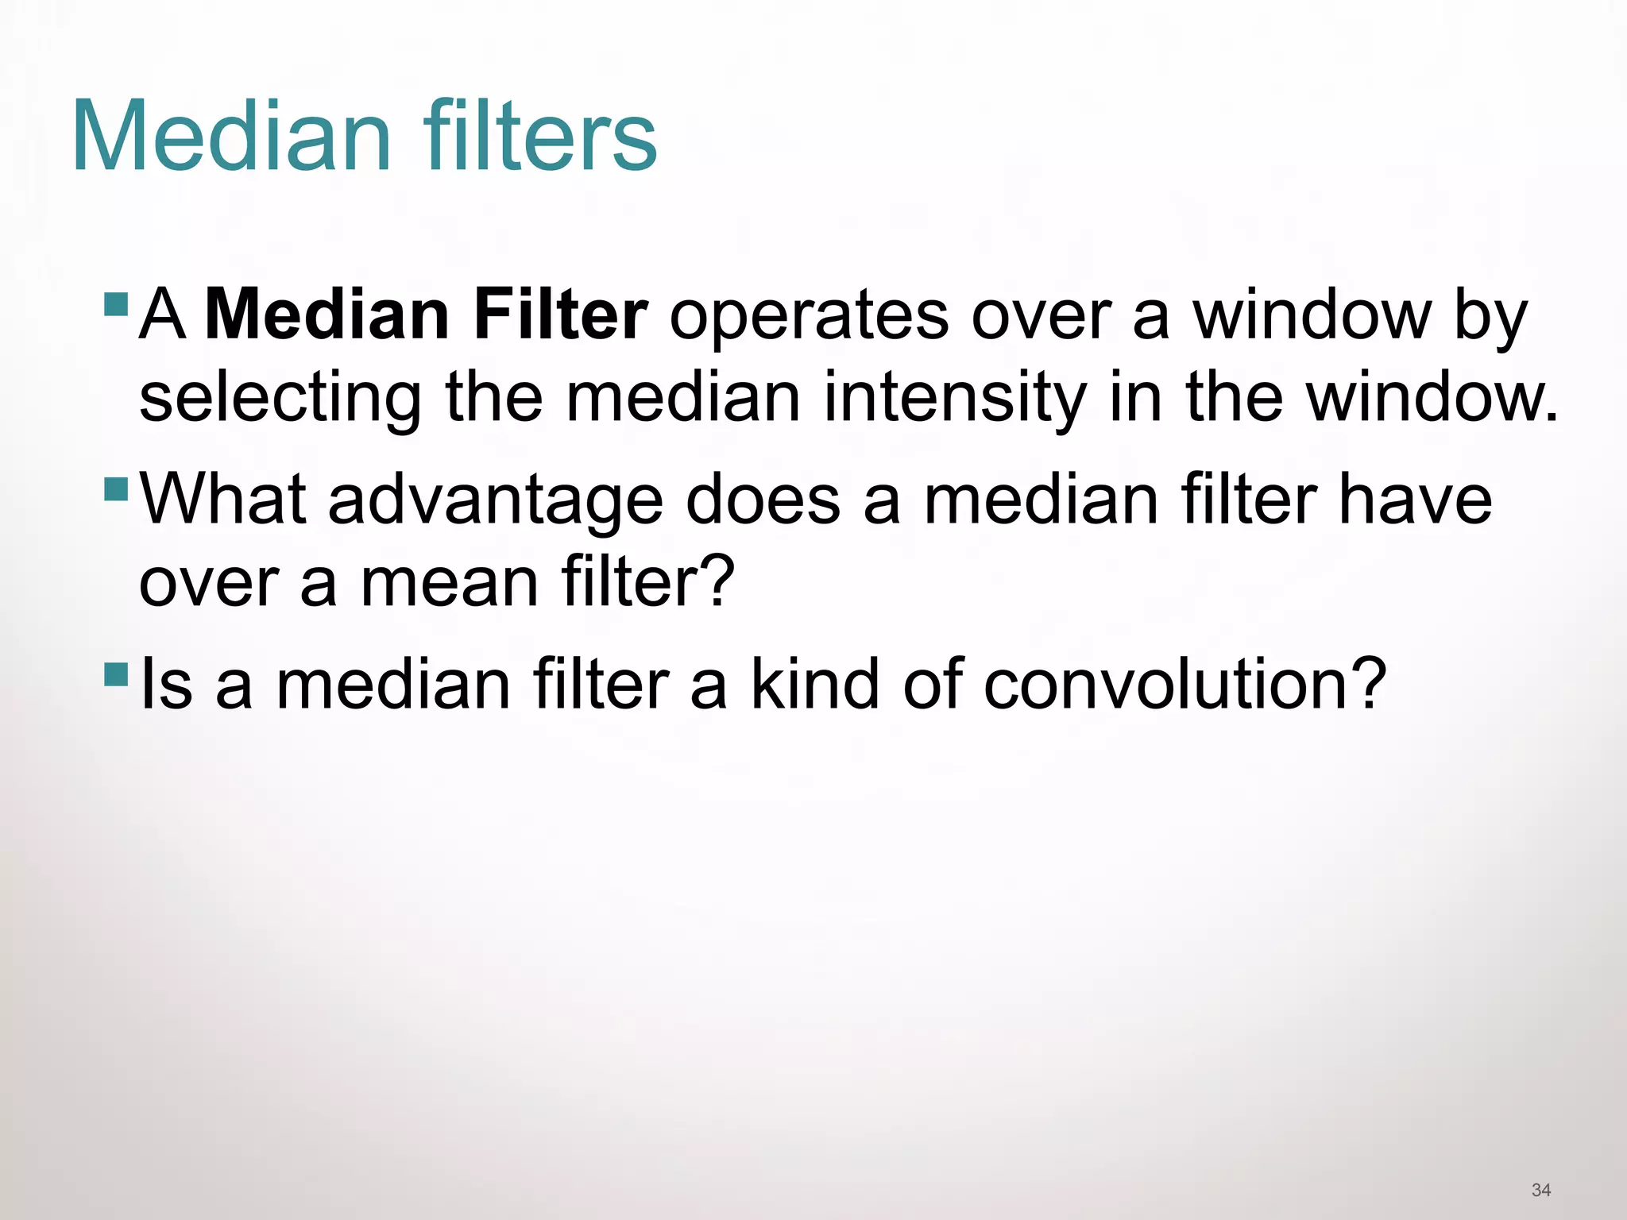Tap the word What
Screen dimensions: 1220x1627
[x=222, y=500]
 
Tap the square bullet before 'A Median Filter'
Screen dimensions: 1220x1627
[x=116, y=303]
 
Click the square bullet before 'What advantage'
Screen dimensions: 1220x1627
[x=116, y=488]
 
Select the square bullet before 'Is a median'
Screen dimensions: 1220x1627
[x=116, y=674]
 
